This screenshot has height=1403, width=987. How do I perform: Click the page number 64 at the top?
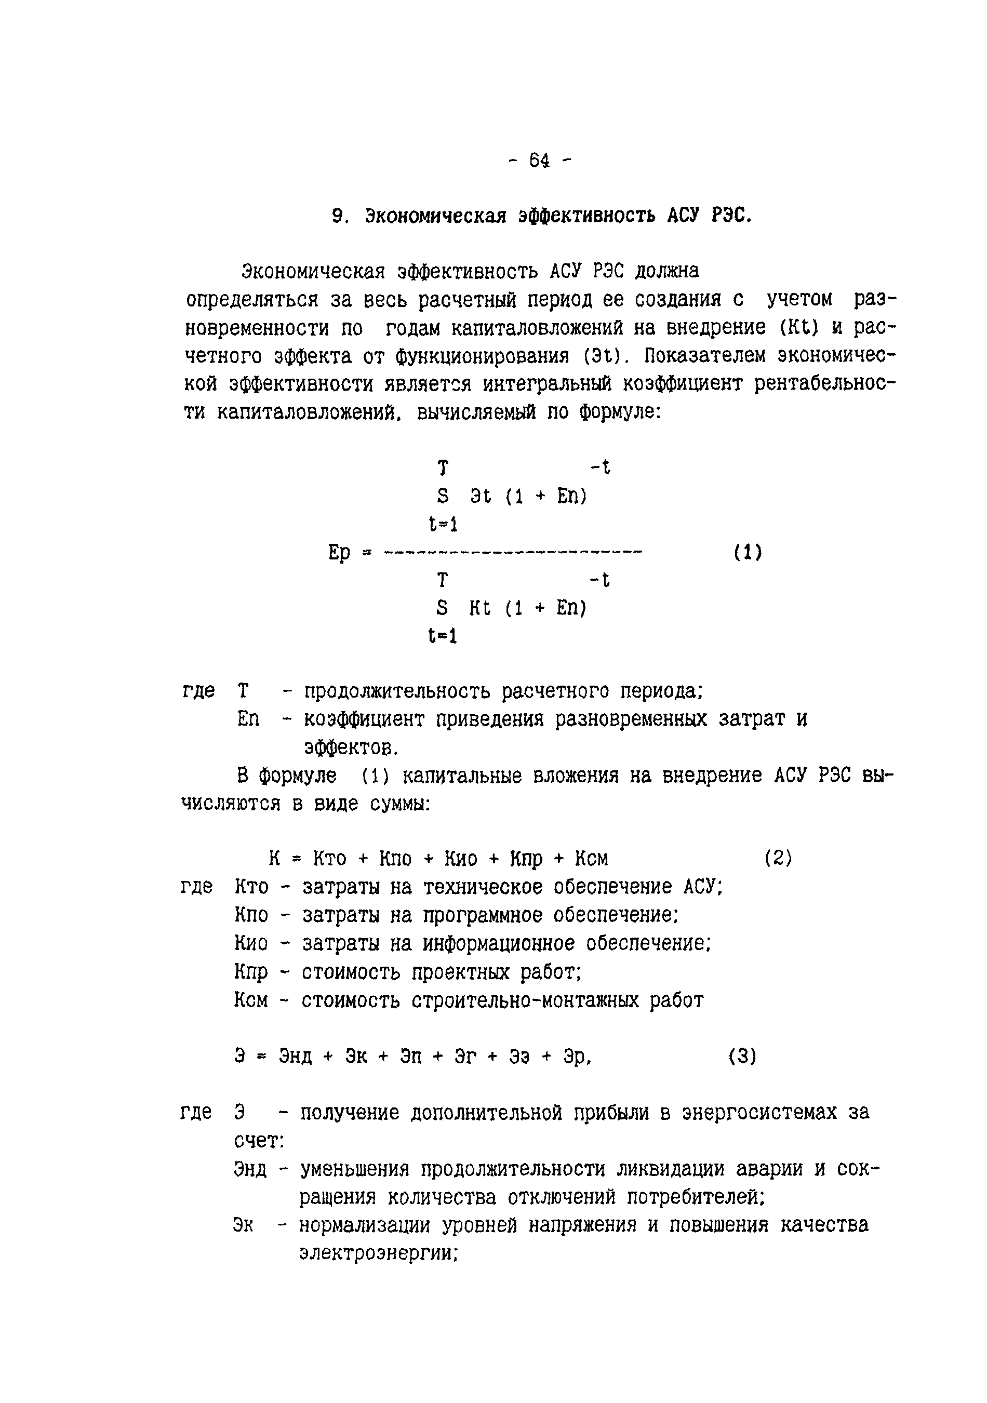[539, 161]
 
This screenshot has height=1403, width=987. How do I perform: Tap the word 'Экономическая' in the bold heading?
[436, 216]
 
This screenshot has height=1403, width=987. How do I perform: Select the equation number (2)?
[778, 859]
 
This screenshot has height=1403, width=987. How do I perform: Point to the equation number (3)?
[742, 1056]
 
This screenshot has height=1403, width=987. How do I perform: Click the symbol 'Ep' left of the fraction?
[339, 553]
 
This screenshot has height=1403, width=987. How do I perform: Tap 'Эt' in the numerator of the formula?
[481, 496]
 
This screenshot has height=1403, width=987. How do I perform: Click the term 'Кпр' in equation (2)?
[526, 859]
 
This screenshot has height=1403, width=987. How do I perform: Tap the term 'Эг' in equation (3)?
[464, 1056]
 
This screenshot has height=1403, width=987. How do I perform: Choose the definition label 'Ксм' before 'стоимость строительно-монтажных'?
[250, 1000]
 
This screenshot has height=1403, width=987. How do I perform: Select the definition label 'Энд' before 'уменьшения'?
[250, 1170]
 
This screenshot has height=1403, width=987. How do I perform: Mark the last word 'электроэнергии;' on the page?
[378, 1253]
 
